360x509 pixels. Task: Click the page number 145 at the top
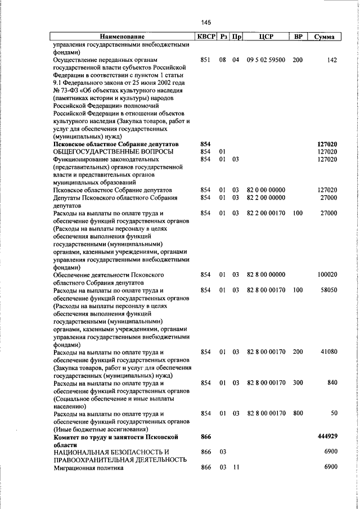coord(205,22)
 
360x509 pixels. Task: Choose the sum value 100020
coord(327,274)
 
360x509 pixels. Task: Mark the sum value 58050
coord(328,290)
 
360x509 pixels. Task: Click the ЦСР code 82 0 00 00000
coord(266,190)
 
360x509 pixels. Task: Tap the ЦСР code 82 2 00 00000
coord(266,197)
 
